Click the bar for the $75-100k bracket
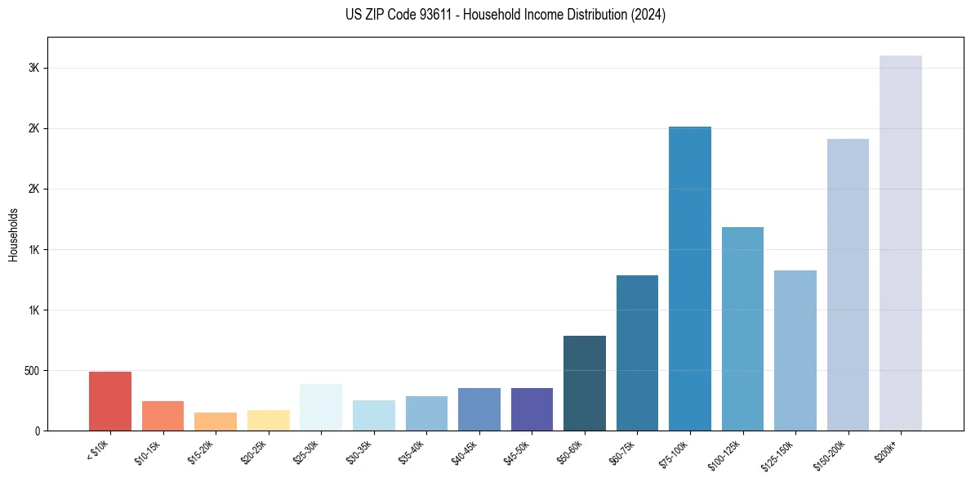coord(690,278)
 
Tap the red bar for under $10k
coord(110,401)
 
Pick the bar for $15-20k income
coord(216,422)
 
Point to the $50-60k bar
coord(585,383)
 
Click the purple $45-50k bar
coord(532,409)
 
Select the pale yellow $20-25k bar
coord(269,420)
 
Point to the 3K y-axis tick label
coord(34,69)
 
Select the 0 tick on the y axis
coord(38,431)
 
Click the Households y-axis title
coord(14,234)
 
